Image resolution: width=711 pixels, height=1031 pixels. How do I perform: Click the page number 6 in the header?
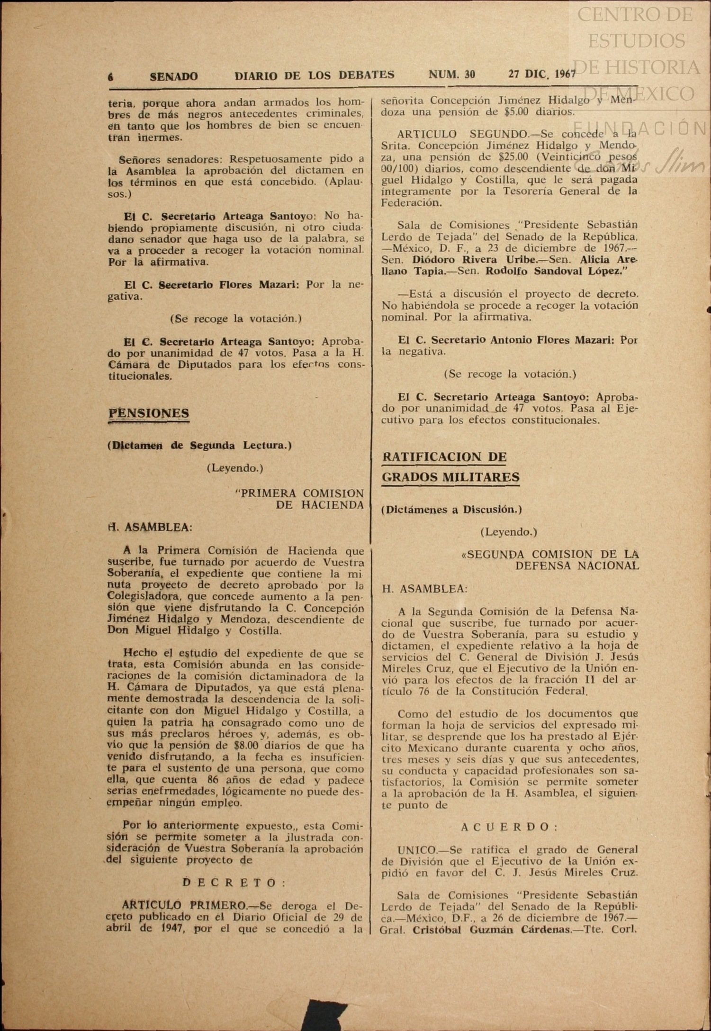click(111, 77)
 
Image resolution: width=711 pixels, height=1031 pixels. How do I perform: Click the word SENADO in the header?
click(174, 76)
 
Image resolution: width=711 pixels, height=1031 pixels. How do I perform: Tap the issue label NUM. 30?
click(451, 74)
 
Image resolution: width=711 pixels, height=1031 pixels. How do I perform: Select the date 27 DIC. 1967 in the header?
click(542, 74)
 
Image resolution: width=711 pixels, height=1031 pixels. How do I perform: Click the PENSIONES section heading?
click(149, 413)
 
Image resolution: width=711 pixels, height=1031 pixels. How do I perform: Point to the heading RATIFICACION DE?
click(444, 457)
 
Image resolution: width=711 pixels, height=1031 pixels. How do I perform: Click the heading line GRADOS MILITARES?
click(450, 477)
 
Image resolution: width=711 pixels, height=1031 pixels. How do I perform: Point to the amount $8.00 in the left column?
click(243, 746)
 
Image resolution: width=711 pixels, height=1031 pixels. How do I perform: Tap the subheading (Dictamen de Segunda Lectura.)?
click(199, 446)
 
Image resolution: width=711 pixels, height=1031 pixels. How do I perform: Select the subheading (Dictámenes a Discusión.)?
click(451, 510)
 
